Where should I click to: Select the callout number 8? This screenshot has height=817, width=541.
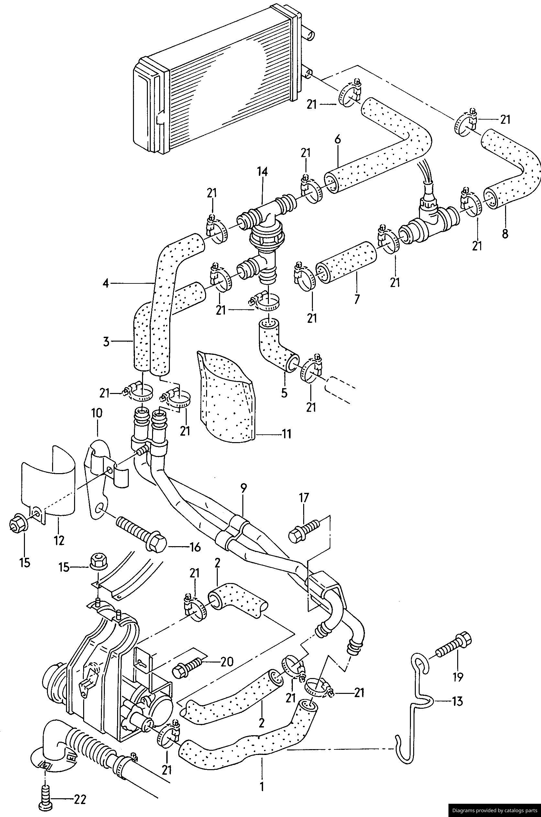pos(505,234)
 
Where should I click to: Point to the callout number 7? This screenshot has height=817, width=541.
pos(357,298)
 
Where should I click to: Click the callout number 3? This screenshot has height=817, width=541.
pos(105,342)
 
